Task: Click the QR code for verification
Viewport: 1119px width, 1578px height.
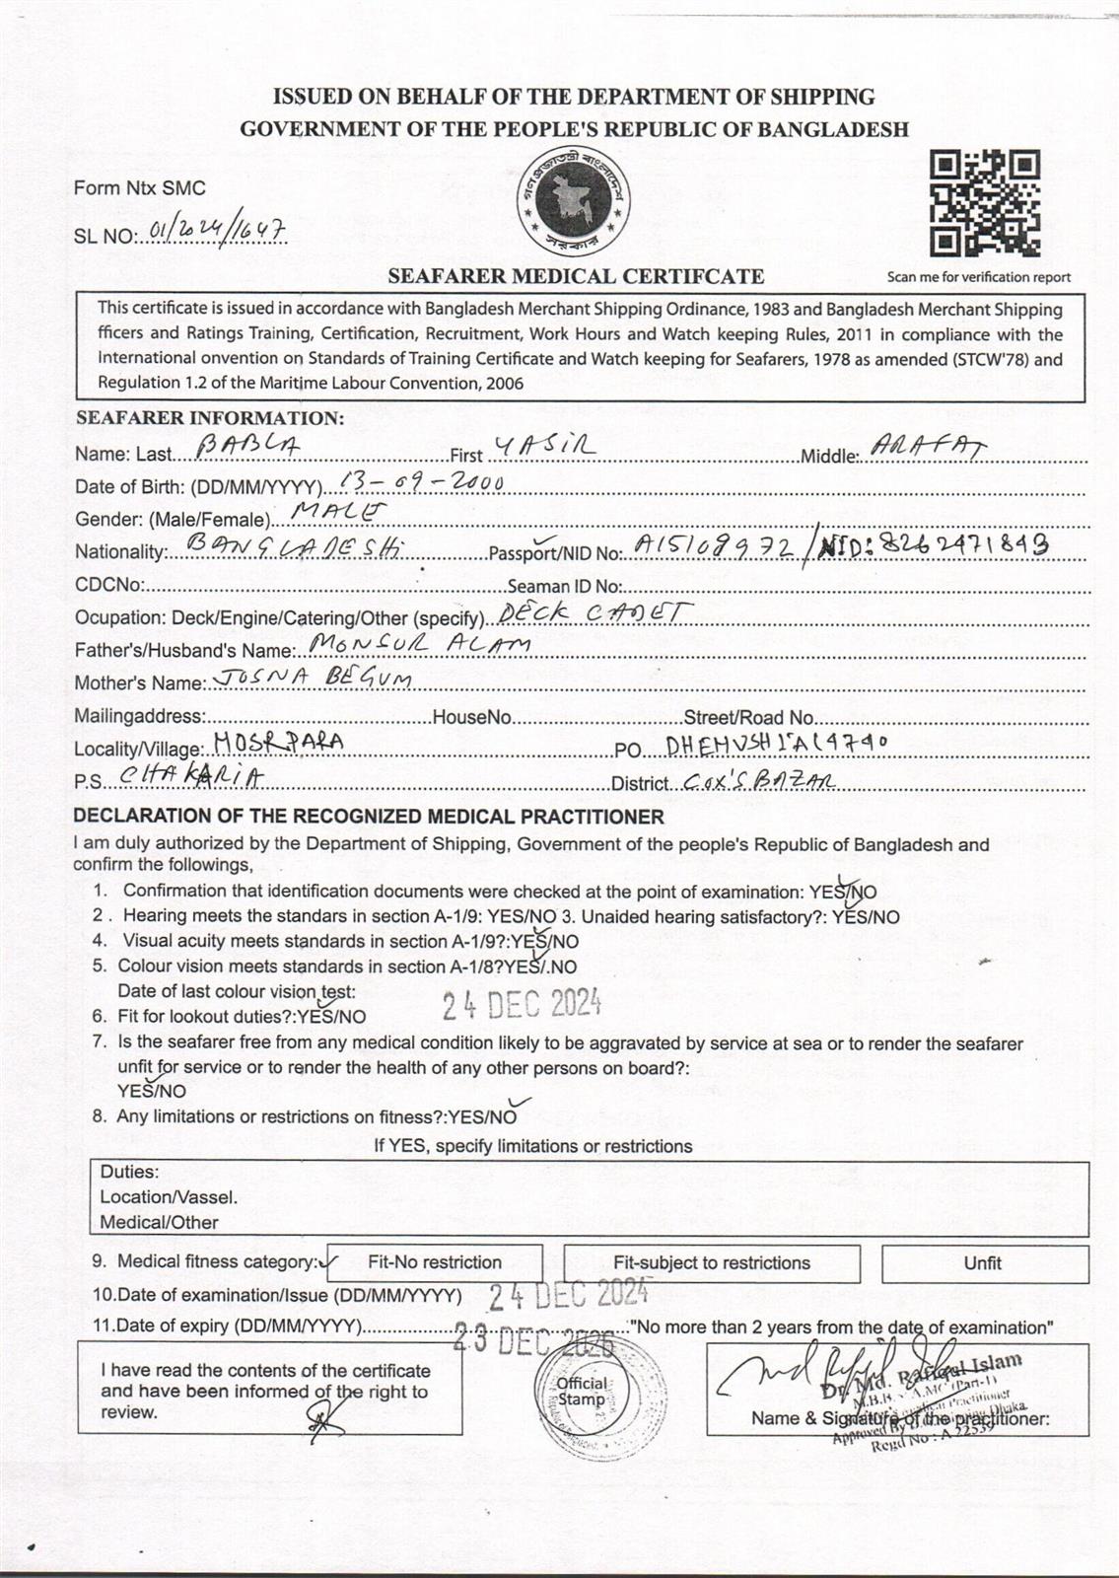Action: coord(985,203)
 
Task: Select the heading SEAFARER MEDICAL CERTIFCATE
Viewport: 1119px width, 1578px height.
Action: coord(576,277)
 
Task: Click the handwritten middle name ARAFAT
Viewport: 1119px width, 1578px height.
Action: coord(928,448)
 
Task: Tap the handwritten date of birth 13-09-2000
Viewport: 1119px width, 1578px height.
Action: coord(420,481)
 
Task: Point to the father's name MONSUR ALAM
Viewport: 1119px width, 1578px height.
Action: coord(418,645)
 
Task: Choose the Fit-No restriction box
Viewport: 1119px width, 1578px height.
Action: coord(434,1262)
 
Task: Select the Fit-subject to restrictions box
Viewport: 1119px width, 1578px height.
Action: coord(711,1262)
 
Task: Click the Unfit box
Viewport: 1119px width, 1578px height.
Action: coord(983,1262)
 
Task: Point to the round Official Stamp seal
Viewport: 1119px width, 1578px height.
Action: coord(583,1393)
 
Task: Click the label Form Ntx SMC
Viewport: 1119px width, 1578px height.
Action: coord(140,187)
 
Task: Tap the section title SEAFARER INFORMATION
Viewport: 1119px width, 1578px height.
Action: coord(210,418)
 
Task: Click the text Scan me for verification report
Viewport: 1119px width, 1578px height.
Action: coord(978,277)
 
